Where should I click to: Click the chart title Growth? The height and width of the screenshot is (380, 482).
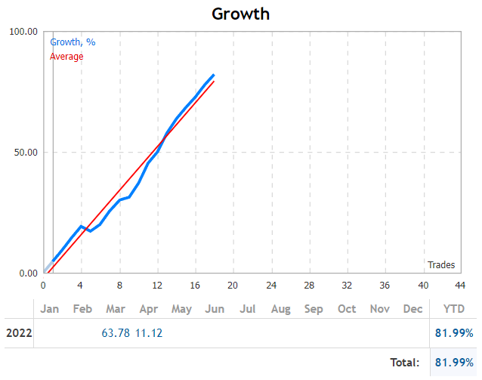[240, 14]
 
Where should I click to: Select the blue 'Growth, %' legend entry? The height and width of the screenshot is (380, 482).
[73, 42]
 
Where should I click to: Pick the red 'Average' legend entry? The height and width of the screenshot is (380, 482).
[66, 56]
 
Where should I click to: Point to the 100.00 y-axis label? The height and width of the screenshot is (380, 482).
[23, 32]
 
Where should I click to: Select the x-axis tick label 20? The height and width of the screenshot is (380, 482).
[233, 286]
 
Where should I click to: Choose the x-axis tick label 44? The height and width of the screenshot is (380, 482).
[460, 286]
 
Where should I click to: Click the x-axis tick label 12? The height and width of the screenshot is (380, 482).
[156, 286]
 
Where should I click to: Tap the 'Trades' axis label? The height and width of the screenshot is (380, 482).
[441, 264]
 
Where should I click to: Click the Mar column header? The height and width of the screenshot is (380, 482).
[116, 309]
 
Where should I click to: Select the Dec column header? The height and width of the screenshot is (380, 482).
[413, 309]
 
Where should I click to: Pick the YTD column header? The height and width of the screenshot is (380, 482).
[453, 309]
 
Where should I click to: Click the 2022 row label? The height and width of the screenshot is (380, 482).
[19, 333]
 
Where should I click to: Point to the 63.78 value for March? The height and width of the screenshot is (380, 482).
[116, 333]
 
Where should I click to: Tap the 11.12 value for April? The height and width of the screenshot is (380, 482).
[149, 333]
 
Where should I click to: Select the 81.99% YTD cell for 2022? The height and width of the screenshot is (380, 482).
[453, 333]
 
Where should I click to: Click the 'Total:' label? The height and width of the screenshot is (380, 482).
[404, 363]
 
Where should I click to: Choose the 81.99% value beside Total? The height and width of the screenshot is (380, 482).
[453, 363]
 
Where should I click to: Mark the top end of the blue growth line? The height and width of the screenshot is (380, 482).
[214, 76]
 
